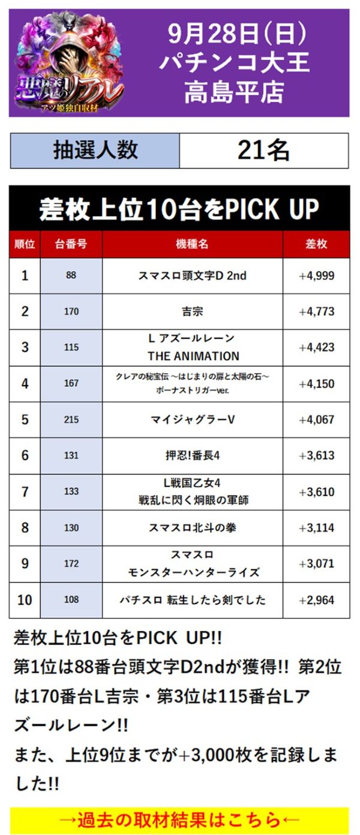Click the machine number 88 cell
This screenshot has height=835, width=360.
(71, 276)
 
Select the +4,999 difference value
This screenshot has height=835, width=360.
(316, 276)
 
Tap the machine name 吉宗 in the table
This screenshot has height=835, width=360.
(192, 312)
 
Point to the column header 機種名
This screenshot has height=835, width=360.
(192, 244)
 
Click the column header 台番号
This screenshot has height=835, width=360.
(71, 244)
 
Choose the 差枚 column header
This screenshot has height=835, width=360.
(316, 244)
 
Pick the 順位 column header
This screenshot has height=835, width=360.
(25, 244)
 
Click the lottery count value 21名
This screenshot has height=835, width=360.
(263, 151)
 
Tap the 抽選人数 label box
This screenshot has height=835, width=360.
(95, 151)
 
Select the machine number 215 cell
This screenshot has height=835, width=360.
(71, 420)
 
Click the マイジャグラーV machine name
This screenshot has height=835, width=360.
(192, 420)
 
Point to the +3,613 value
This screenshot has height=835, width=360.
(316, 456)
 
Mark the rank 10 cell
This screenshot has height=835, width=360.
(25, 600)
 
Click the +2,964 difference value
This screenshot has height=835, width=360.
(316, 600)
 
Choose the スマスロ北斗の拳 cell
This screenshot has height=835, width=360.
(192, 528)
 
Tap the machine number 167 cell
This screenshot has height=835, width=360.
(71, 384)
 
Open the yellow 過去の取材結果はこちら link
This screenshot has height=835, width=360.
(179, 819)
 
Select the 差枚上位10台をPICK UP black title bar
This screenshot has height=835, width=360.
(179, 208)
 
